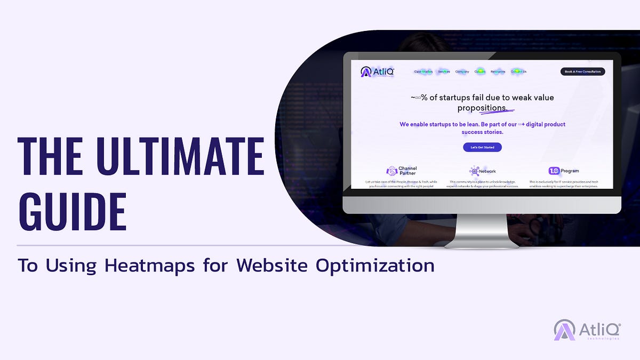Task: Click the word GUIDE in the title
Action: coord(72,211)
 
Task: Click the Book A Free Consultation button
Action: coord(582,71)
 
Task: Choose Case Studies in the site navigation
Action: coord(423,71)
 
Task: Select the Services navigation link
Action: coord(444,71)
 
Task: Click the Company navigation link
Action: coord(462,71)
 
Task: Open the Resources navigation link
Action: coord(498,71)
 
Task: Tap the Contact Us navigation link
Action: coord(518,71)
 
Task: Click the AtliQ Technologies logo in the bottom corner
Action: coord(586,330)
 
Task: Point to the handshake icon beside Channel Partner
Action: coord(392,171)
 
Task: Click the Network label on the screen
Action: coord(487,171)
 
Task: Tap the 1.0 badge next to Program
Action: coord(554,171)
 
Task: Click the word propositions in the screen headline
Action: coord(482,108)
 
